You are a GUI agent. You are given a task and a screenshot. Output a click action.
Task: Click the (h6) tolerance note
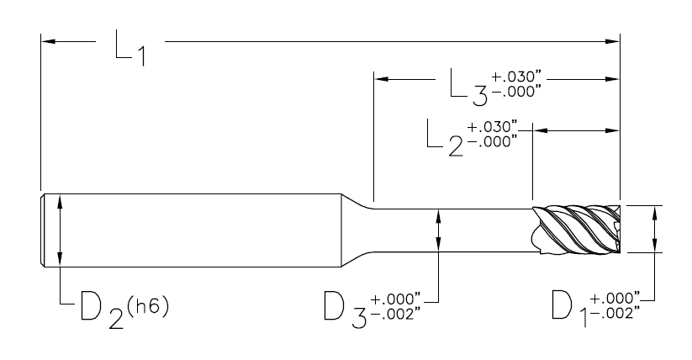152,303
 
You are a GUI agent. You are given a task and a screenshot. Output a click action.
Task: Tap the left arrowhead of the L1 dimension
47,40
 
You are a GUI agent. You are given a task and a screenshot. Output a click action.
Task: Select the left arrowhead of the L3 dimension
381,80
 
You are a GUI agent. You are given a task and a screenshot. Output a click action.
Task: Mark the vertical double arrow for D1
656,228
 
